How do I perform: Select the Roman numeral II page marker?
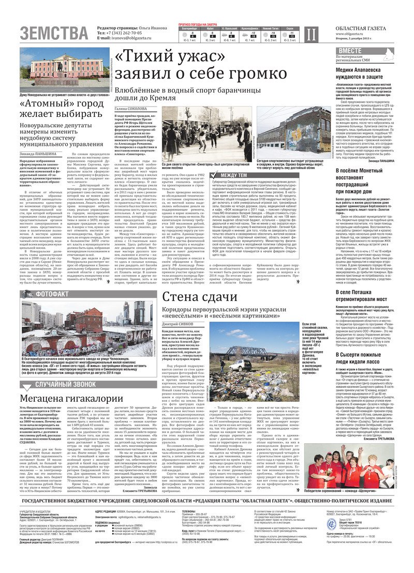(310, 35)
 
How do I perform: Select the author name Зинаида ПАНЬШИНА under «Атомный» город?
(38, 154)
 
